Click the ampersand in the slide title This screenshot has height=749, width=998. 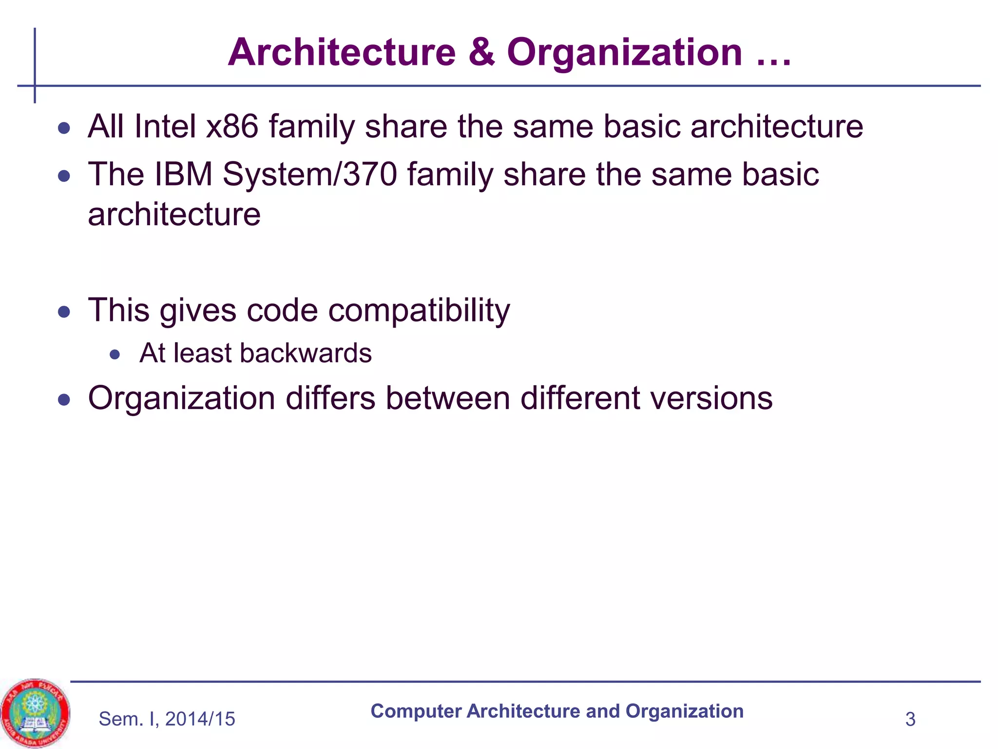pos(481,53)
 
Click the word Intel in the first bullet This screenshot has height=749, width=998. pos(165,126)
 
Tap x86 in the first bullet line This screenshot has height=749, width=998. pos(232,126)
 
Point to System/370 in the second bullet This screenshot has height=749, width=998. pos(310,174)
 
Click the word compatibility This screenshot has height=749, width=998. pos(419,311)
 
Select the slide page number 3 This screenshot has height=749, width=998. pos(910,719)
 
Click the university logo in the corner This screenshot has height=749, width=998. pos(35,713)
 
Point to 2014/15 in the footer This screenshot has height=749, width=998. pos(200,719)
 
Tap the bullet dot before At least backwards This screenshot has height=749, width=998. pos(115,355)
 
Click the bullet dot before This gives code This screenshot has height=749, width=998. pos(64,312)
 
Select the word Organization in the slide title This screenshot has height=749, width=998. pos(624,53)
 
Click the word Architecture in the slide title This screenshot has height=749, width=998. pos(342,53)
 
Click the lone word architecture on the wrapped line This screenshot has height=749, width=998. pos(174,215)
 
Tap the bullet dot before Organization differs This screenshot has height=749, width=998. pos(64,400)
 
